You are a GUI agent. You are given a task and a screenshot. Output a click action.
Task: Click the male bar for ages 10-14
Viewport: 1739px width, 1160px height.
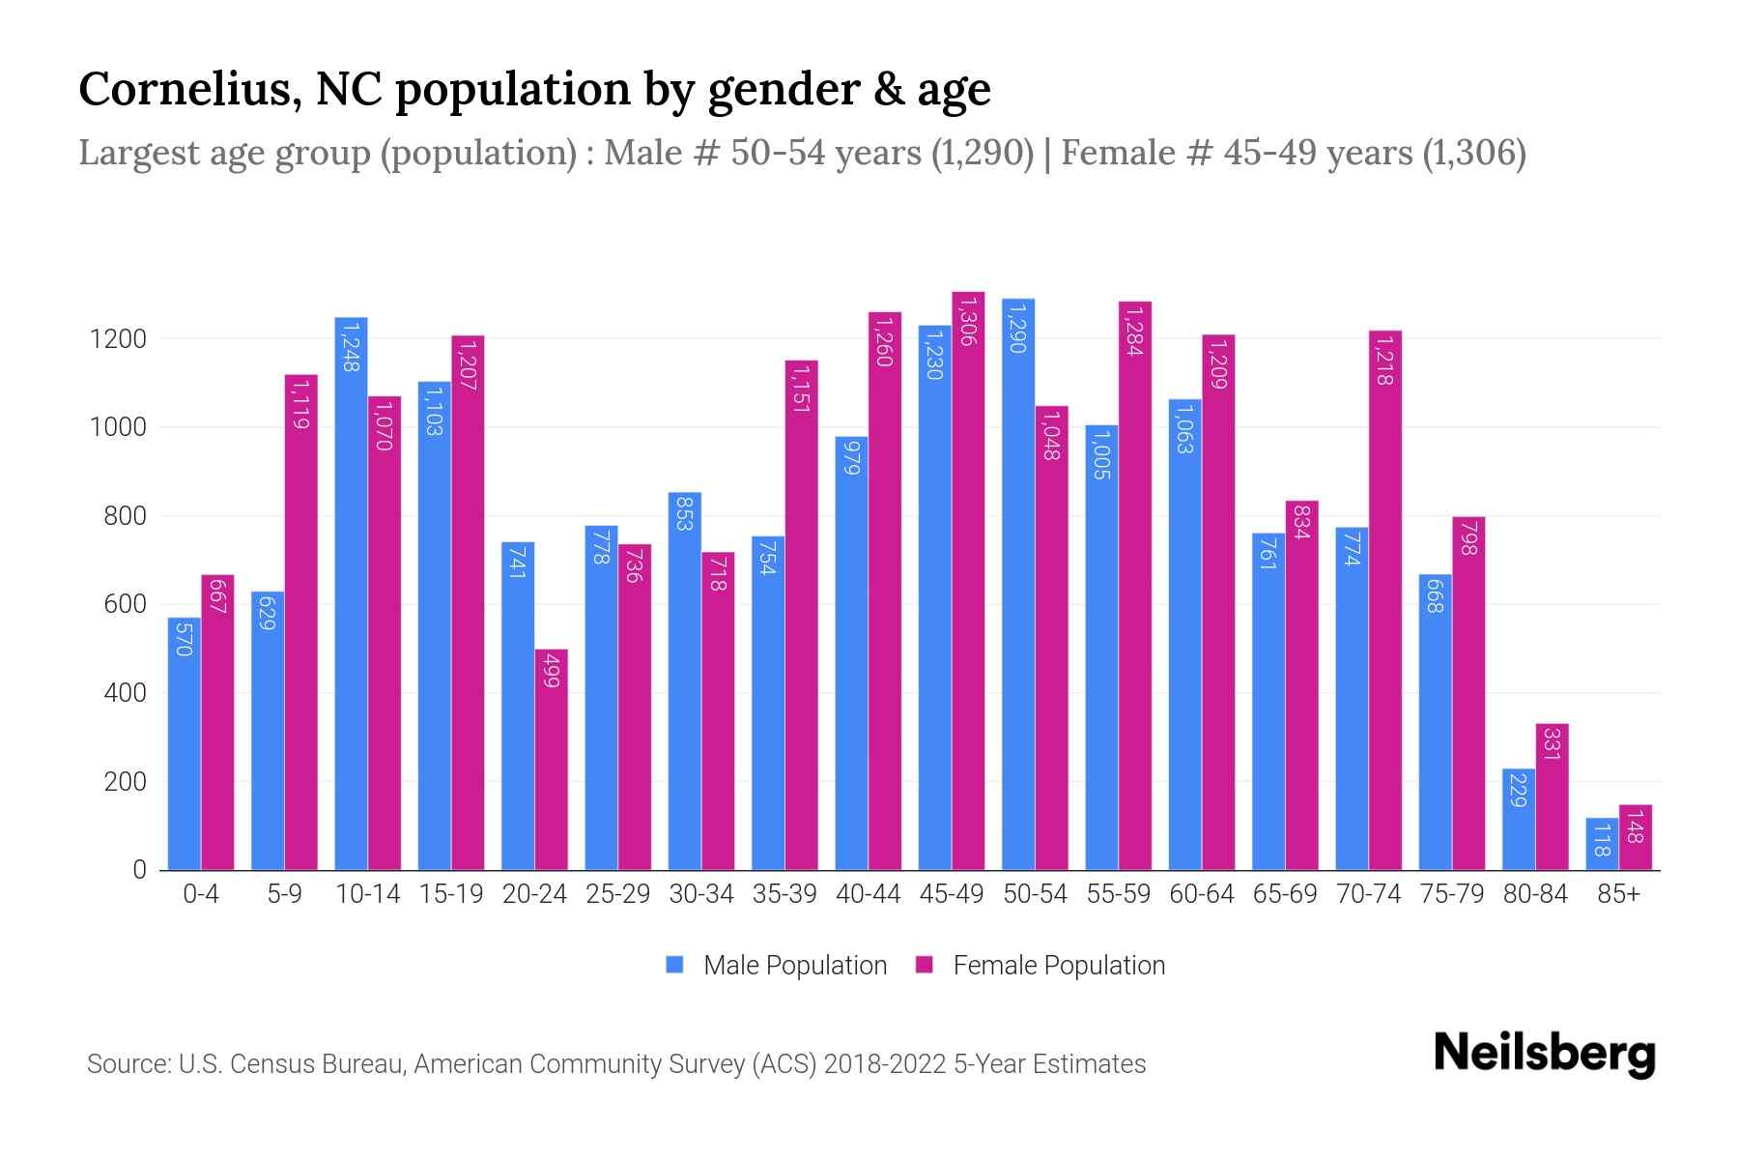[351, 594]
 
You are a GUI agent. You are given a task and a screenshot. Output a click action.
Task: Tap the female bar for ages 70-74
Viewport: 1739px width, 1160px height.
[1385, 599]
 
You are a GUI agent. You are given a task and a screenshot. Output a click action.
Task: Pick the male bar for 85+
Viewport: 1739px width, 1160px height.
[1602, 844]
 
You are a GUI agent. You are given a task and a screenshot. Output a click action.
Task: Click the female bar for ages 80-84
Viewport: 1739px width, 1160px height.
[1552, 797]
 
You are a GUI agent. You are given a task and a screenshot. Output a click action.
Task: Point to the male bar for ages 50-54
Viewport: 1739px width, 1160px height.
[1018, 584]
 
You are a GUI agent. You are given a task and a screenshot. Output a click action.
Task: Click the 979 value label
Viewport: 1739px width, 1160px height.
[851, 455]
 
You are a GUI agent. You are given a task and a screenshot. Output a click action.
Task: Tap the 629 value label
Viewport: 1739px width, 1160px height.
[268, 613]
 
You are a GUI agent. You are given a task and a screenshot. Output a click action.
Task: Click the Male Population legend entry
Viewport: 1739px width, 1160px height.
[777, 966]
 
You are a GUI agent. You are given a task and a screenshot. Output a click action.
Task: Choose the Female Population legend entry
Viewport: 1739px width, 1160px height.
[1041, 966]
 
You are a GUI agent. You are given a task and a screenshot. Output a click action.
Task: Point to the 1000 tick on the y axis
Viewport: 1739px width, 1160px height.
[118, 427]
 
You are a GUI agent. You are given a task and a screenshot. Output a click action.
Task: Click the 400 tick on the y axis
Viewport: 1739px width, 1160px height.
[125, 693]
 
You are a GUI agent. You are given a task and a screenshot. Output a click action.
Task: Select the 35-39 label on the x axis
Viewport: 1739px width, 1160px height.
[784, 894]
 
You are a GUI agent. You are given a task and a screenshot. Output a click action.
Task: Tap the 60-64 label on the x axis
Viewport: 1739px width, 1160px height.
[1201, 894]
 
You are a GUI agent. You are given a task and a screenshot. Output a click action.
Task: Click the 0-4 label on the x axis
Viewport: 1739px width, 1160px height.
[201, 894]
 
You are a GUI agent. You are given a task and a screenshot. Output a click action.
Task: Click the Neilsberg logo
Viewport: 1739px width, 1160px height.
[1543, 1054]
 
